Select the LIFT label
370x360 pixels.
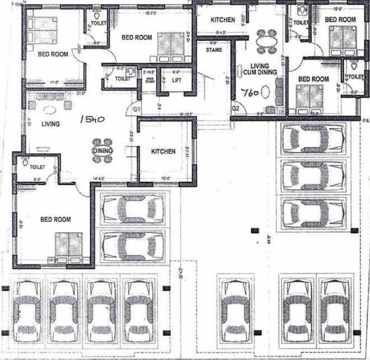(176, 80)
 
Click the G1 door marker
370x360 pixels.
(137, 109)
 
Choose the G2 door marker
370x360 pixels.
(236, 108)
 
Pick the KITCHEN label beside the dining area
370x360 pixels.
(163, 151)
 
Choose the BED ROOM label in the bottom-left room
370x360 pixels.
(55, 219)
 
